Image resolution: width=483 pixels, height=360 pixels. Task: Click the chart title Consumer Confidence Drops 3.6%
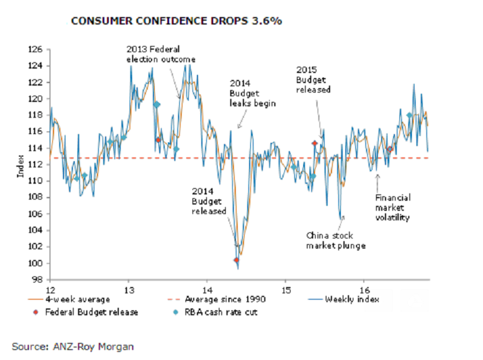click(x=176, y=21)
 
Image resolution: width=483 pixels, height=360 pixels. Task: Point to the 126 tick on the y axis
click(x=36, y=49)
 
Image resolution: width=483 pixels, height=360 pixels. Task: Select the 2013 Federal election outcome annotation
click(x=161, y=53)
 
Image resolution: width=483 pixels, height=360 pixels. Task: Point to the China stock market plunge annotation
click(x=336, y=240)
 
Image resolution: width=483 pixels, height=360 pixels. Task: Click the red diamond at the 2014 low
click(x=236, y=260)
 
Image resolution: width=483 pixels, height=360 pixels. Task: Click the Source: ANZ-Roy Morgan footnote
click(x=73, y=346)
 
